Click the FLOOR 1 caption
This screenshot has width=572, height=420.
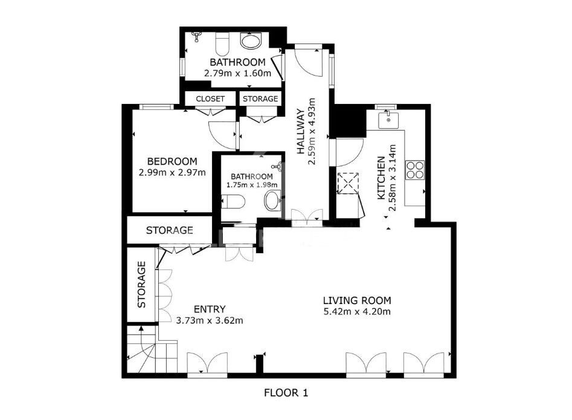tap(286, 393)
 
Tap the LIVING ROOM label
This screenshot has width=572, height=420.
tap(357, 301)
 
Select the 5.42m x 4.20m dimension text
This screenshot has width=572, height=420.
tap(357, 312)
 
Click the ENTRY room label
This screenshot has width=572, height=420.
tap(210, 309)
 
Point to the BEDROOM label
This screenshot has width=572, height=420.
tap(172, 161)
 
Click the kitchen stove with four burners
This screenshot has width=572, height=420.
tap(415, 170)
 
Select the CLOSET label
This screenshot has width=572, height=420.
tap(210, 99)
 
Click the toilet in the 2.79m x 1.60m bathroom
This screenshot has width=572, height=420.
tap(222, 44)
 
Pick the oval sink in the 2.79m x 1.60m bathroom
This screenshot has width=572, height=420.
tap(251, 40)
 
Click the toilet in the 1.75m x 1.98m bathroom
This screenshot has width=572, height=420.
tap(233, 201)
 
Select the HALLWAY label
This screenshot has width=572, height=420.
tap(301, 131)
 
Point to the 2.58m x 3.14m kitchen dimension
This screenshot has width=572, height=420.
tap(392, 178)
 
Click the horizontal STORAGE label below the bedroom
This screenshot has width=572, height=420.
tap(170, 230)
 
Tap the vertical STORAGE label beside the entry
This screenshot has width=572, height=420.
tap(141, 285)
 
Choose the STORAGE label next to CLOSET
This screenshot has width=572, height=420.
tap(260, 99)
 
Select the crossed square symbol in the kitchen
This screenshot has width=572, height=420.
tap(347, 183)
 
